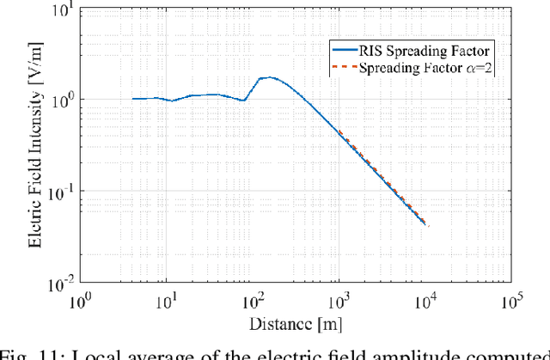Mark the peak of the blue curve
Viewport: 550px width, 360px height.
(x=270, y=77)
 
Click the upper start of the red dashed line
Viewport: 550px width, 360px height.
(x=339, y=131)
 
